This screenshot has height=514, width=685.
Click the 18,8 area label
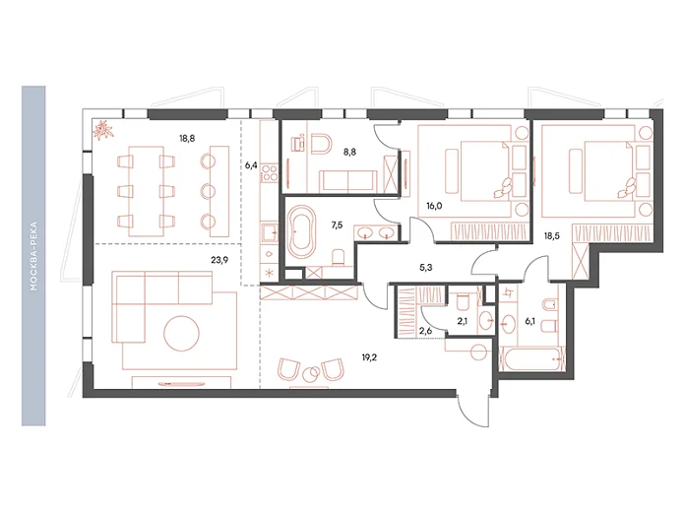click(x=187, y=139)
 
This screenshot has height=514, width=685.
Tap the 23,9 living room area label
click(x=219, y=260)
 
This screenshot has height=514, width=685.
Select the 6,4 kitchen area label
click(x=251, y=165)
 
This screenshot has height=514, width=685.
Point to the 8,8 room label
click(x=349, y=152)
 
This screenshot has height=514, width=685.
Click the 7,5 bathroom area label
click(x=337, y=225)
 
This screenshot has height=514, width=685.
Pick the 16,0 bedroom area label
click(x=434, y=206)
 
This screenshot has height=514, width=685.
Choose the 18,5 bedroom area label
click(x=552, y=236)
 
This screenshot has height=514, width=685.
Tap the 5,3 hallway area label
click(x=426, y=268)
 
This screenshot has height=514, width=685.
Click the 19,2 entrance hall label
click(x=369, y=357)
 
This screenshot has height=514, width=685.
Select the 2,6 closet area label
click(x=425, y=331)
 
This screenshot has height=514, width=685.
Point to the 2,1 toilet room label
click(x=463, y=322)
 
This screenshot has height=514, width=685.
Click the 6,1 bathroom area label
click(x=529, y=322)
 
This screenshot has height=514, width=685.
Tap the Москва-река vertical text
click(x=33, y=256)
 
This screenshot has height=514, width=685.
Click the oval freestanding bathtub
click(x=301, y=231)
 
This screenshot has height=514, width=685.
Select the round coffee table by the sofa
click(x=182, y=333)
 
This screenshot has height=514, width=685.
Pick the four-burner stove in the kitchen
click(x=269, y=172)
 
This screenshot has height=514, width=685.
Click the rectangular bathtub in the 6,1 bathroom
click(x=532, y=358)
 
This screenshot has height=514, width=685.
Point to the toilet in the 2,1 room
click(x=462, y=301)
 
